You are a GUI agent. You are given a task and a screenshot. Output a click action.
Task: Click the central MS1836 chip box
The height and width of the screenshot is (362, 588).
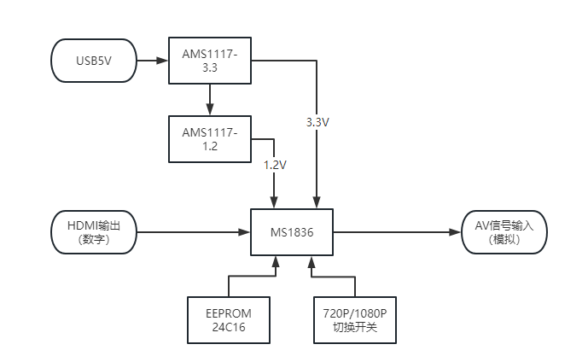(x=291, y=231)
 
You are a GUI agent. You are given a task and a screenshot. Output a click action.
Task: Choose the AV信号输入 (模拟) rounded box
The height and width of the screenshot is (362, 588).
(x=504, y=231)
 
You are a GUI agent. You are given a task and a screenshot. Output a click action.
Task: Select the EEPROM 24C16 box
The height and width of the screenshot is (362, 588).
(x=228, y=319)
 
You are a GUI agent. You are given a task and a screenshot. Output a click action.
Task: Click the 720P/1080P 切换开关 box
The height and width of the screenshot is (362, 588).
(x=355, y=319)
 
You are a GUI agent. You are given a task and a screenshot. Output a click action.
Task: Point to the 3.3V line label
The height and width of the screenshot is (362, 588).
(x=317, y=122)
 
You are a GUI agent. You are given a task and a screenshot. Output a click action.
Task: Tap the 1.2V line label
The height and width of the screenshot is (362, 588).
(x=275, y=164)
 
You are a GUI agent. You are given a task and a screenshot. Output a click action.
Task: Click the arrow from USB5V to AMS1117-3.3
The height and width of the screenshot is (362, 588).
(x=152, y=61)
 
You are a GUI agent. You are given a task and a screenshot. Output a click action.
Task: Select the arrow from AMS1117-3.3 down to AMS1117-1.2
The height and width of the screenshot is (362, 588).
(x=210, y=99)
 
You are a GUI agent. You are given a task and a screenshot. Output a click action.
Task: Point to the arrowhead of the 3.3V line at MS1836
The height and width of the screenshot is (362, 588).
(x=317, y=202)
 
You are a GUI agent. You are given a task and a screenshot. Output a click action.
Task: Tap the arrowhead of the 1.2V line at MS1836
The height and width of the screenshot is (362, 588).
(x=275, y=202)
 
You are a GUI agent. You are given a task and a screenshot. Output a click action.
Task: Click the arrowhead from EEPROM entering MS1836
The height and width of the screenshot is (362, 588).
(x=275, y=260)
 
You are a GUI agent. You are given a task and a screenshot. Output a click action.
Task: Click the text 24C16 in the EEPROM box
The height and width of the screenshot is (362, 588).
(x=228, y=327)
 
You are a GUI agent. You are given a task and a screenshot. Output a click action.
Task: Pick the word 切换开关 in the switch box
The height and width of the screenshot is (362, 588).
(x=355, y=327)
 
